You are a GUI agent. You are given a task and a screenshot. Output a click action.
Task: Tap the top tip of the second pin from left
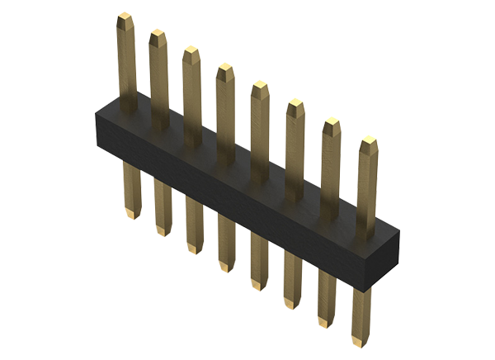tap(157, 35)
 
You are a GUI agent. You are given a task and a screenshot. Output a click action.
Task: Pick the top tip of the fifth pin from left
tap(260, 87)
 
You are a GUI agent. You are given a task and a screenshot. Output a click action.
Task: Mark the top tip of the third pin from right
tap(295, 105)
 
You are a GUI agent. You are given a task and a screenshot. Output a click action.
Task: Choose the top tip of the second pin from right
tap(330, 125)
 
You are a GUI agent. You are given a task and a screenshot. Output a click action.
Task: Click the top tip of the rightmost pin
tap(366, 145)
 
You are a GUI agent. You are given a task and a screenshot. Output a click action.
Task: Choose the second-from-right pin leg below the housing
tap(328, 301)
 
